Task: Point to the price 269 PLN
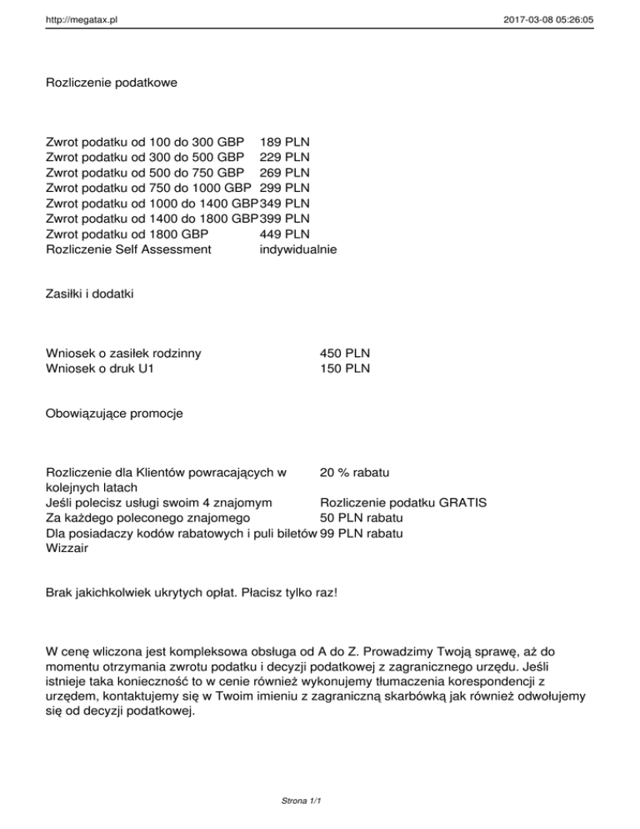[x=285, y=172]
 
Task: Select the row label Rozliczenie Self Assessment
[x=129, y=248]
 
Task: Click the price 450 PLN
[x=344, y=353]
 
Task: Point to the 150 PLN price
[x=344, y=368]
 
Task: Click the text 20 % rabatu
[x=355, y=473]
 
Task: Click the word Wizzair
[x=68, y=549]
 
